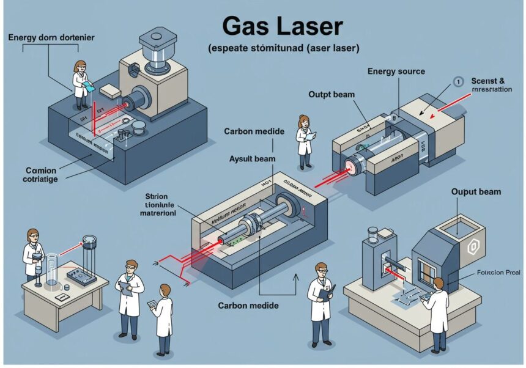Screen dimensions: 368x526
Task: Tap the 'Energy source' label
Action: coord(396,72)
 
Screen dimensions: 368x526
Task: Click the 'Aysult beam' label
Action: coord(252,158)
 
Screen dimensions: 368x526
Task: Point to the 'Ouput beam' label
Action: coord(476,192)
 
